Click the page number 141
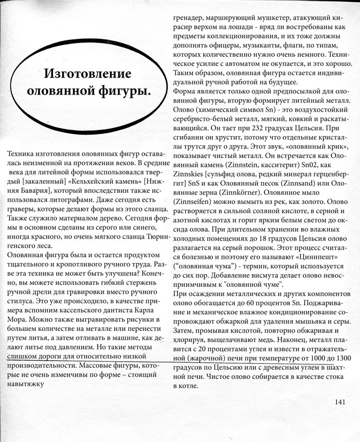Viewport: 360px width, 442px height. point(340,402)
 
